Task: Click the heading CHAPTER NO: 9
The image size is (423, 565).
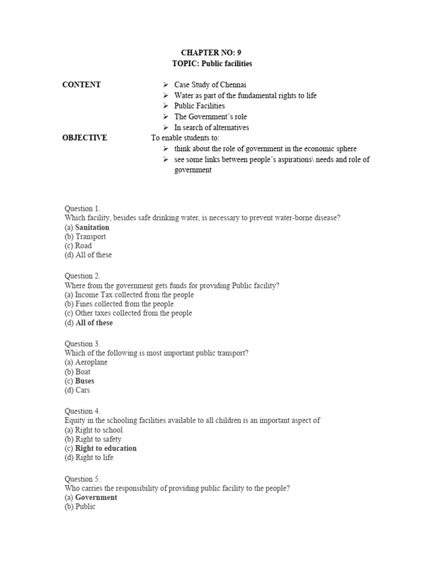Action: click(x=211, y=53)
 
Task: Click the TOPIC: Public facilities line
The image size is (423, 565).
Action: click(x=211, y=63)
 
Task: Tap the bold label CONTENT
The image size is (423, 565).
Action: click(x=82, y=85)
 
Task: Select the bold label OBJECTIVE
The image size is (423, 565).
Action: click(x=85, y=138)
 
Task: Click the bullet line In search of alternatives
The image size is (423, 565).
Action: click(x=211, y=127)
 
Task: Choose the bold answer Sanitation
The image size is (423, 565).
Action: click(x=92, y=227)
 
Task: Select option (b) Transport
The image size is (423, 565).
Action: click(x=85, y=237)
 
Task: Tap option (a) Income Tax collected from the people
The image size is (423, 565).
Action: click(x=129, y=295)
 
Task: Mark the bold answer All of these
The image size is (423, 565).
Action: click(x=94, y=323)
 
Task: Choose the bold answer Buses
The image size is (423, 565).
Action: click(x=85, y=381)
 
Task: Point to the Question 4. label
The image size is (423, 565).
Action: click(x=83, y=411)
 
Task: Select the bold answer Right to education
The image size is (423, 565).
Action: click(x=106, y=449)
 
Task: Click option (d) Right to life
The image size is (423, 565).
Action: click(x=89, y=457)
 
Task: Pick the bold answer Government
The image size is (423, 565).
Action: click(x=96, y=498)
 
